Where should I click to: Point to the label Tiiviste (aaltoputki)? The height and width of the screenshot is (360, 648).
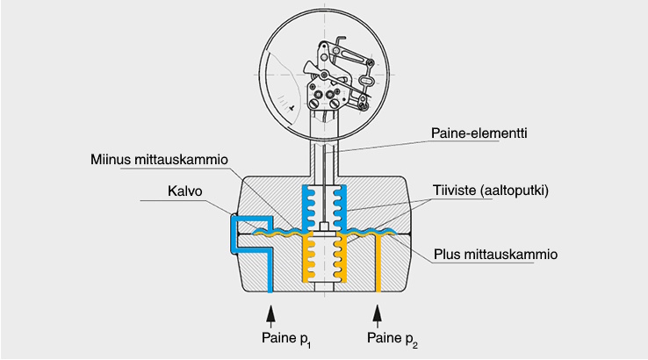pyautogui.click(x=489, y=191)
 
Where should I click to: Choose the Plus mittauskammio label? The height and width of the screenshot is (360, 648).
pyautogui.click(x=497, y=256)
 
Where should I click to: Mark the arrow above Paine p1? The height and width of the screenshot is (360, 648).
pyautogui.click(x=270, y=313)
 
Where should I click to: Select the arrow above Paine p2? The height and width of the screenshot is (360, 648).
pyautogui.click(x=378, y=313)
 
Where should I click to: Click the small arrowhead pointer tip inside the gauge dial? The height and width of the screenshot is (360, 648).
pyautogui.click(x=291, y=104)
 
